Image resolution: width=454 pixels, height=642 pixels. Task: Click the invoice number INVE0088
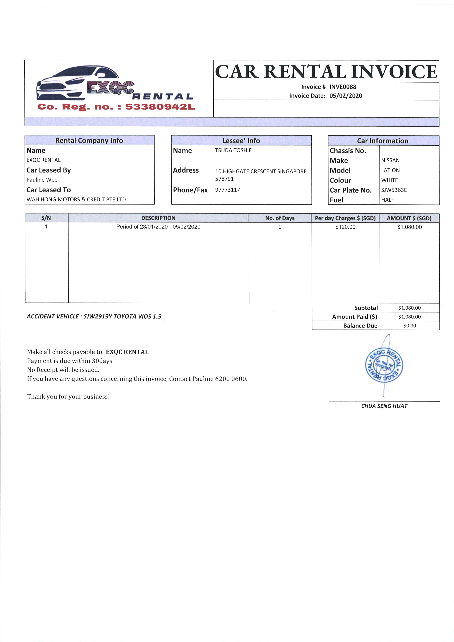(x=343, y=87)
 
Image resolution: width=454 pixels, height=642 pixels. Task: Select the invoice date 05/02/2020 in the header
(x=345, y=96)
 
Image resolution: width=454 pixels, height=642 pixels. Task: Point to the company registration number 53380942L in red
(x=160, y=107)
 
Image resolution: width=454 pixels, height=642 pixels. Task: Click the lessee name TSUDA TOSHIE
(x=233, y=150)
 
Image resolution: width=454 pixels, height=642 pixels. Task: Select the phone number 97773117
(x=228, y=190)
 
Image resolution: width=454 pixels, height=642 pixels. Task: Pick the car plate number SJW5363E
(x=394, y=190)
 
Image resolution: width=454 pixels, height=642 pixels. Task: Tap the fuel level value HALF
(x=388, y=200)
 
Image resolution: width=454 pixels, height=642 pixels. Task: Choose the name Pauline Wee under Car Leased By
(x=42, y=180)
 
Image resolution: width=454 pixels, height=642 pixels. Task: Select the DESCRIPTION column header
(x=158, y=218)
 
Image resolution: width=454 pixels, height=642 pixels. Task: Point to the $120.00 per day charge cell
(x=345, y=227)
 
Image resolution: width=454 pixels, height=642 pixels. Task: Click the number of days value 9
(x=280, y=227)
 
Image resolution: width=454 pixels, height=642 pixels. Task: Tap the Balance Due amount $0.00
(x=410, y=326)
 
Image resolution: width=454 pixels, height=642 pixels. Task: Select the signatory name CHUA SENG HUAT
(x=384, y=406)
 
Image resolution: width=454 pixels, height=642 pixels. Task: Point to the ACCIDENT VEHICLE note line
(x=94, y=317)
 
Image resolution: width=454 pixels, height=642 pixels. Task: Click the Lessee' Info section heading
(x=241, y=141)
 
